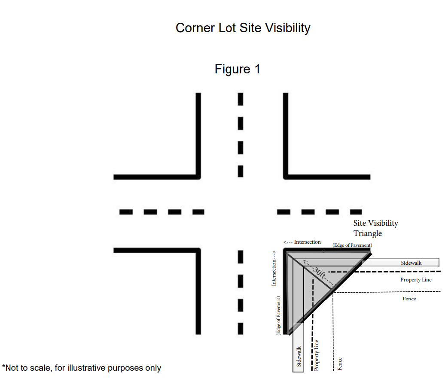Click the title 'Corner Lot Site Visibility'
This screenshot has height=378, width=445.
pos(243,28)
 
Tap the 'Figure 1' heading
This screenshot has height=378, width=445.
pos(238,69)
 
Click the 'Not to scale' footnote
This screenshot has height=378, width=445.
pos(82,368)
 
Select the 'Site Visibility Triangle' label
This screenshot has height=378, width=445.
pos(375,228)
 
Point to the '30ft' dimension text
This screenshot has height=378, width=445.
pos(318,272)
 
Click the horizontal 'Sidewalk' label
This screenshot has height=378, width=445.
pos(411,263)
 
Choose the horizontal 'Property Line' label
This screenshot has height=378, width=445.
pos(416,280)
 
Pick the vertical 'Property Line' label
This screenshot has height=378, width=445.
pos(317,355)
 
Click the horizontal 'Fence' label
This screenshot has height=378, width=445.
pos(409,299)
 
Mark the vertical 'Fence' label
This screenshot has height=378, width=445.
pos(340,364)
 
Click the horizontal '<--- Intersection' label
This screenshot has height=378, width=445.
pos(302,242)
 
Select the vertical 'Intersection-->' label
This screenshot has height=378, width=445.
pos(273,269)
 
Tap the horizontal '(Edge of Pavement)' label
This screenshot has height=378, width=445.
pos(352,245)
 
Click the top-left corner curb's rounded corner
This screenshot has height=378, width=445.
pos(198,176)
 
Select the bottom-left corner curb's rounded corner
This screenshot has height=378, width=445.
pos(198,251)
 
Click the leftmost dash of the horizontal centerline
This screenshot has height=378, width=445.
pos(126,212)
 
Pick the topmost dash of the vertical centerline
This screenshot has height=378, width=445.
pos(241,99)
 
